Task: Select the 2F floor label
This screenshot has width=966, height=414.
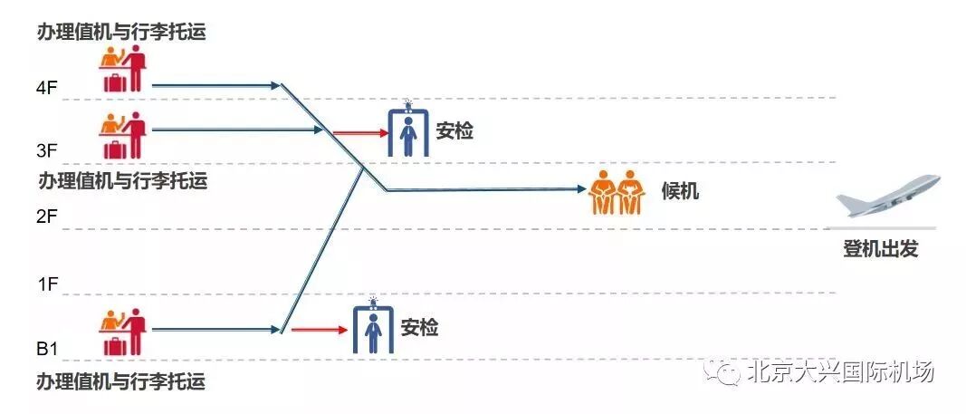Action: [47, 217]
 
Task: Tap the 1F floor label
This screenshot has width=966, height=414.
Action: [47, 284]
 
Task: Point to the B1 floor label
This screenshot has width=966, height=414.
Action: [47, 349]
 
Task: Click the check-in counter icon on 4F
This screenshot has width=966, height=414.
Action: [122, 70]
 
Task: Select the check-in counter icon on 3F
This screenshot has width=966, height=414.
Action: [122, 135]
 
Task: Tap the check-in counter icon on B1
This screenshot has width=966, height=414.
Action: [122, 332]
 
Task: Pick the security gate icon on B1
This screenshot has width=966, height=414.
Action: [371, 327]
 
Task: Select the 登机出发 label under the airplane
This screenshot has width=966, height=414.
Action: [880, 249]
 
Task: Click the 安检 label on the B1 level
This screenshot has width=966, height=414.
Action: [419, 327]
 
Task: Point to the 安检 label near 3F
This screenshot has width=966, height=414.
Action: [454, 130]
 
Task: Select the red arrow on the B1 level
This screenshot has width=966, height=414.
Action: [319, 330]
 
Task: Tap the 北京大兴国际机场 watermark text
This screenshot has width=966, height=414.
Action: [840, 371]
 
